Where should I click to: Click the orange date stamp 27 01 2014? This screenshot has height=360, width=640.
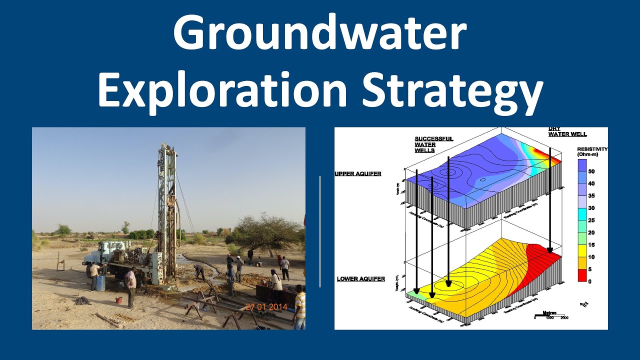(x=266, y=307)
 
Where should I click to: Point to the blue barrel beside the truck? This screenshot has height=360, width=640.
(x=100, y=282)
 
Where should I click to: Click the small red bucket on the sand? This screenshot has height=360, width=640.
(x=118, y=300)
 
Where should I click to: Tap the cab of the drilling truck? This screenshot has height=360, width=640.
(x=95, y=255)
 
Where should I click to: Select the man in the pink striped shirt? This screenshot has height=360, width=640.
(x=130, y=285)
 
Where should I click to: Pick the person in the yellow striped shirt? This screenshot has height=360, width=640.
(x=299, y=306)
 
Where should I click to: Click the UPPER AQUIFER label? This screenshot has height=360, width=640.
(x=358, y=174)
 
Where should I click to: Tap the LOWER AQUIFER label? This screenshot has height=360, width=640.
(x=361, y=278)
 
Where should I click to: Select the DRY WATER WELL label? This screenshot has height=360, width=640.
(x=567, y=131)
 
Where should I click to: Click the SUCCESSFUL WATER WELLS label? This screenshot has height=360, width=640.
(x=433, y=144)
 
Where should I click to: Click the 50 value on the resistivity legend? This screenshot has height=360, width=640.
(x=591, y=171)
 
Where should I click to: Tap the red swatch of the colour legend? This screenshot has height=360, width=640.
(x=582, y=275)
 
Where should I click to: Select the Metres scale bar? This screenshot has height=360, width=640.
(x=550, y=315)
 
